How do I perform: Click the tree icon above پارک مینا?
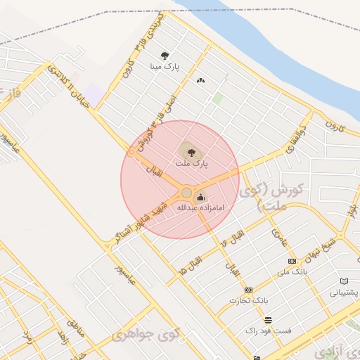165,55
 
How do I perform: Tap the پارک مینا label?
165,67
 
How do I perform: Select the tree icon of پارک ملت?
188,150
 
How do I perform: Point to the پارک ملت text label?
188,163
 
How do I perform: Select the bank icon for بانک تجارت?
248,290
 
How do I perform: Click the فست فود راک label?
269,329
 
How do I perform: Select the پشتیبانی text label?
344,292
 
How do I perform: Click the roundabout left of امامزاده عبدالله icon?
186,193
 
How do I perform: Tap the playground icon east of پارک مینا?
201,80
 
